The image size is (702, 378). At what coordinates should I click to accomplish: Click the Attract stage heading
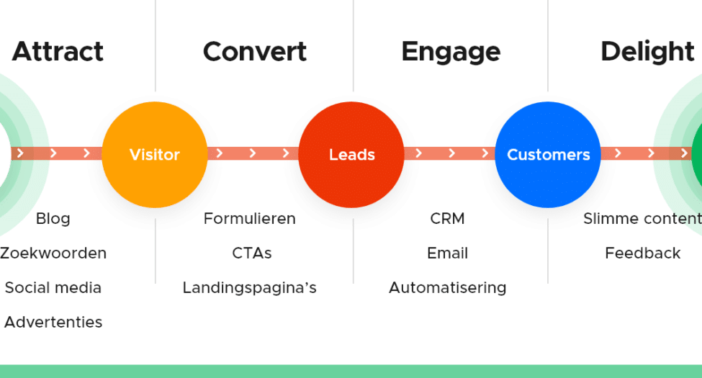click(x=58, y=52)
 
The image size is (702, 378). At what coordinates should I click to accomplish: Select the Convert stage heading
click(x=255, y=52)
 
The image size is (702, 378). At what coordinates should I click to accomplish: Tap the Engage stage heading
click(x=450, y=52)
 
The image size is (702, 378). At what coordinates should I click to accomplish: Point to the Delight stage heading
click(x=647, y=52)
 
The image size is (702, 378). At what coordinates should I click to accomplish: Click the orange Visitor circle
click(x=154, y=154)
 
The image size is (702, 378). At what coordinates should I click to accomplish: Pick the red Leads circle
click(x=351, y=154)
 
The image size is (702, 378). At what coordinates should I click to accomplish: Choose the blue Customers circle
click(x=548, y=154)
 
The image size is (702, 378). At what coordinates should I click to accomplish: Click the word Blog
click(x=53, y=219)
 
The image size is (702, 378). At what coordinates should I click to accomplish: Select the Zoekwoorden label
click(x=53, y=253)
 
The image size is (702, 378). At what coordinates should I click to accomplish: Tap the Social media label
click(x=53, y=288)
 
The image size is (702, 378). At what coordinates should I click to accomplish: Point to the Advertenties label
click(x=53, y=322)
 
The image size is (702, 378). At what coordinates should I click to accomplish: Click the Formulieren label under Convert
click(x=249, y=219)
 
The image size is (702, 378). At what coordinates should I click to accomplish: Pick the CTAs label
click(x=251, y=253)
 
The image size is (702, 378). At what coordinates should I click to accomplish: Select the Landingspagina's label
click(x=249, y=288)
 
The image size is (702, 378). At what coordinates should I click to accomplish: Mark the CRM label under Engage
click(x=447, y=219)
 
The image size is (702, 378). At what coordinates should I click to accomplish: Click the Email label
click(x=447, y=253)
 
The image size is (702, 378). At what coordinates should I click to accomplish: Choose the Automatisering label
click(x=447, y=288)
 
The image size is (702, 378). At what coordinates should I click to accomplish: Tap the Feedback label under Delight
click(x=642, y=253)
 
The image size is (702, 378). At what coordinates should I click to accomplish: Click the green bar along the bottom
click(x=351, y=371)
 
